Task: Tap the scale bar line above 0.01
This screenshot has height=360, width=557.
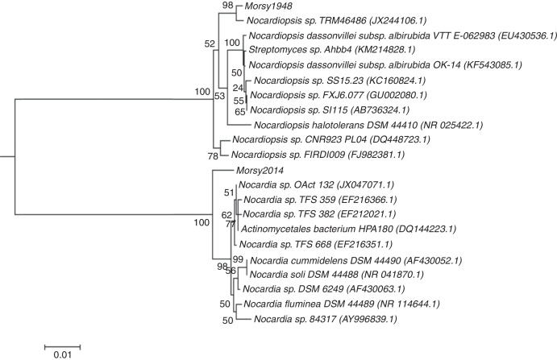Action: tap(62, 344)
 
